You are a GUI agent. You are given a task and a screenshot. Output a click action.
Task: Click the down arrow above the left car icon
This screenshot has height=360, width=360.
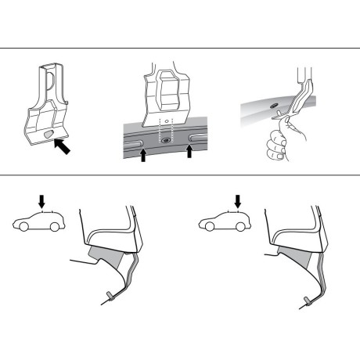click(x=49, y=202)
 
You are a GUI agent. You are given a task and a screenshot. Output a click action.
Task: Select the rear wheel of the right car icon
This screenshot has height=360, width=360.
click(x=244, y=229)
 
